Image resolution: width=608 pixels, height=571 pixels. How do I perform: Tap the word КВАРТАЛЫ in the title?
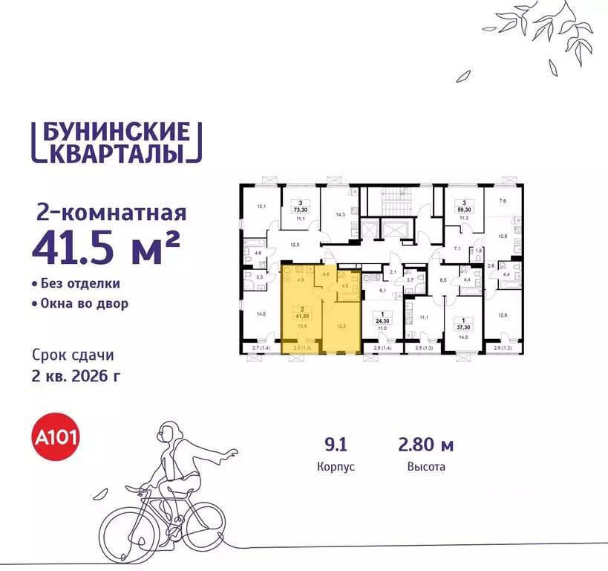[x=117, y=154]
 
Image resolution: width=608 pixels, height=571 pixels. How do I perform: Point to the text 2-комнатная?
[x=111, y=214]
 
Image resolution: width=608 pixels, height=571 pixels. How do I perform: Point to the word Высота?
[x=426, y=468]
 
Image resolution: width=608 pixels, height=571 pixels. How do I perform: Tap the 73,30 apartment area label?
[x=301, y=211]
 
